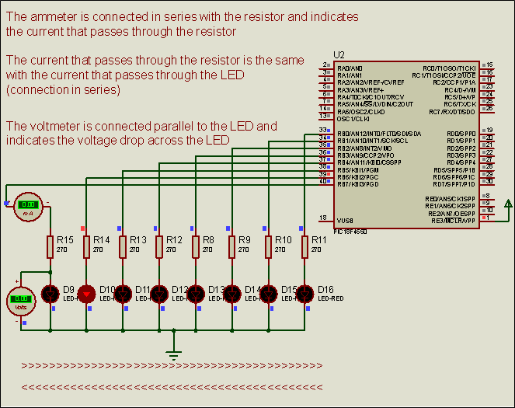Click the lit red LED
(86, 293)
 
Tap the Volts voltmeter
(21, 298)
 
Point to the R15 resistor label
(64, 240)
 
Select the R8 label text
(208, 240)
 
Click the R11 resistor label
(318, 240)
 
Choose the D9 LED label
(68, 290)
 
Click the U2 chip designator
(339, 54)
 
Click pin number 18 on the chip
(323, 218)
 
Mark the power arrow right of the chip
(508, 204)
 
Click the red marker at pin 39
(329, 173)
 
